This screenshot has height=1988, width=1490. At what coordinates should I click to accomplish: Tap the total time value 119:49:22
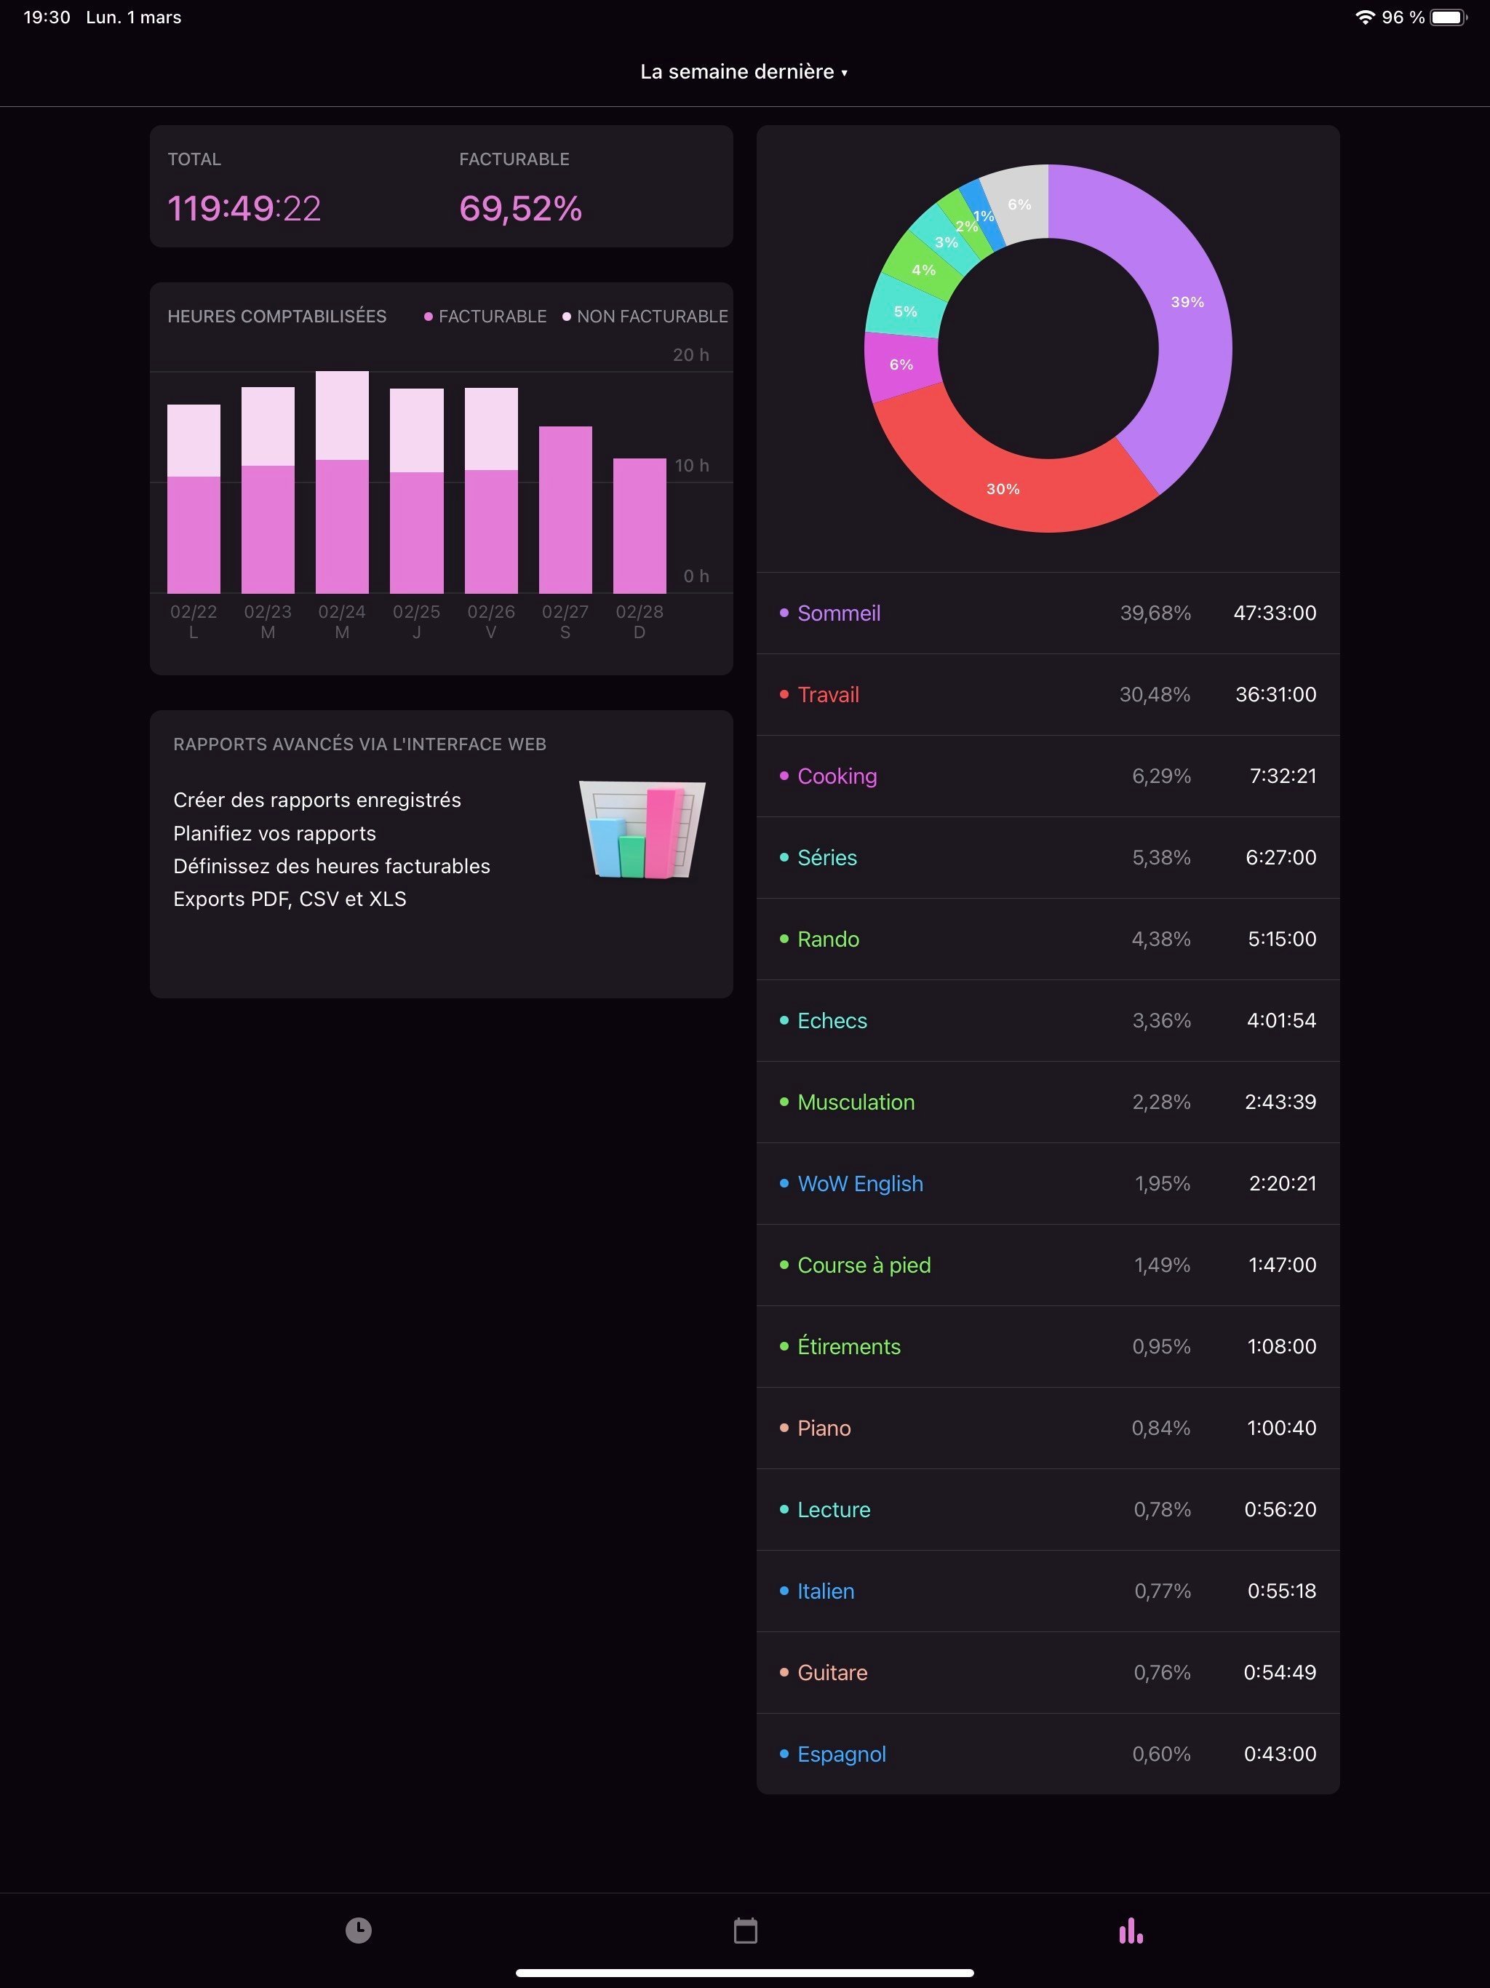coord(244,209)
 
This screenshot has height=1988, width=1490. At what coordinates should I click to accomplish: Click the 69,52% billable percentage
coord(520,209)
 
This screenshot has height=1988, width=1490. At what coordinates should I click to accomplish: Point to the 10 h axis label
coord(691,466)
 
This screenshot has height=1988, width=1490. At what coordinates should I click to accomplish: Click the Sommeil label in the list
coord(837,613)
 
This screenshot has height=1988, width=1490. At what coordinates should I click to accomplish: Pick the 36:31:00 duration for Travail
coord(1275,695)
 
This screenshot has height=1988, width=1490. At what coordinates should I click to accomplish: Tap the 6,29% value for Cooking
coord(1161,776)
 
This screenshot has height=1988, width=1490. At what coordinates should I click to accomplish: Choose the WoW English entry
coord(859,1184)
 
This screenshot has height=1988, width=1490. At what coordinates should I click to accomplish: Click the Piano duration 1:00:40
coord(1280,1428)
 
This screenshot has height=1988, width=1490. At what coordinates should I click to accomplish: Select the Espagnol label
coord(841,1754)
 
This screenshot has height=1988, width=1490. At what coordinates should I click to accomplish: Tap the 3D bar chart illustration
coord(642,830)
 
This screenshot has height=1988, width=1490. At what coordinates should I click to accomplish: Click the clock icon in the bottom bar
coord(359,1931)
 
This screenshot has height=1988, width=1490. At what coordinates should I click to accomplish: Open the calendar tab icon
coord(745,1931)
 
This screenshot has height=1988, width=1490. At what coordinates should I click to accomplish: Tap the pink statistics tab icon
coord(1131,1931)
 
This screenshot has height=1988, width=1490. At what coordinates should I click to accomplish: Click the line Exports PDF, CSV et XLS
coord(290,899)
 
